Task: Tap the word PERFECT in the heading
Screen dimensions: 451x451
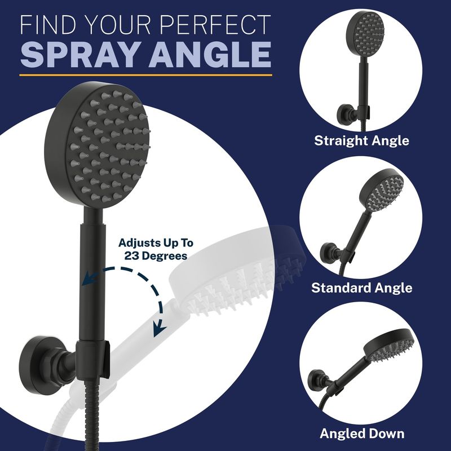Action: pos(215,25)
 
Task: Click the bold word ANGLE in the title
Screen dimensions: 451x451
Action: pos(210,54)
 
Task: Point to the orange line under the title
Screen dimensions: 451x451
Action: pos(145,75)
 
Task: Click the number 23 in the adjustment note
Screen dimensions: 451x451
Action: pos(132,256)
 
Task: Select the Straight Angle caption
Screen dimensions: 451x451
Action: pos(361,140)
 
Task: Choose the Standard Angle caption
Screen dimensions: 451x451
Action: pos(361,288)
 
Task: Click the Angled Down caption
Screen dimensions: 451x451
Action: pos(362,434)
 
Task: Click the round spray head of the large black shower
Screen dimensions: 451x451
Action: pos(97,145)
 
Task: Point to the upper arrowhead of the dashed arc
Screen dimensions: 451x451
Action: pos(89,278)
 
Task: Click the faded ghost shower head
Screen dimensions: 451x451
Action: pos(238,272)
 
